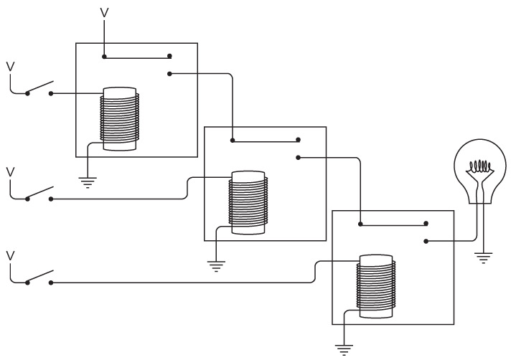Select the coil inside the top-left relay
click(x=119, y=119)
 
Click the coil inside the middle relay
click(x=247, y=203)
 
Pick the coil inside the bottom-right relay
click(x=376, y=286)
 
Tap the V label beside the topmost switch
click(x=9, y=66)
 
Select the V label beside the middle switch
click(x=9, y=171)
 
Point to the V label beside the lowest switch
click(x=9, y=255)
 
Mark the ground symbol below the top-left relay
click(x=88, y=182)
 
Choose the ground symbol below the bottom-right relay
click(x=344, y=349)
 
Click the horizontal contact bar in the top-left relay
click(x=137, y=56)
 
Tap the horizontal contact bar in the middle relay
click(x=265, y=140)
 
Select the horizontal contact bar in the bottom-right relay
click(x=393, y=224)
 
